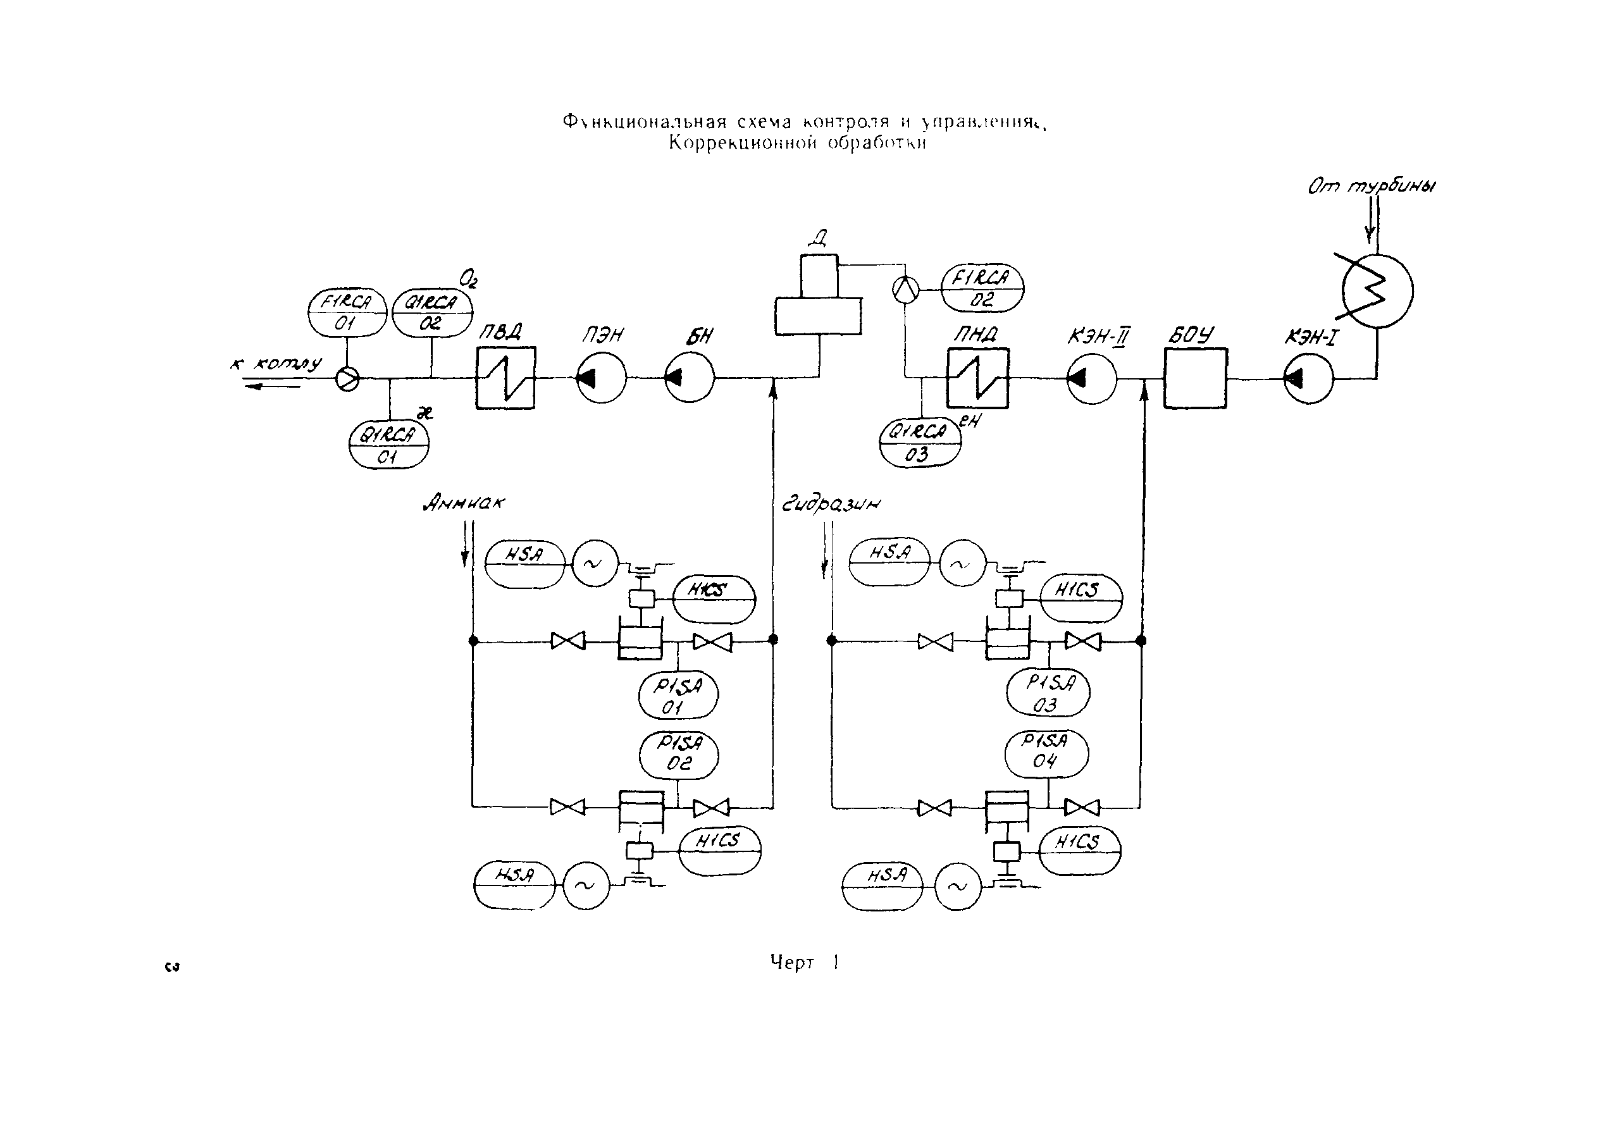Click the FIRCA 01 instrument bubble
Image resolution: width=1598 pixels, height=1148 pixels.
[x=347, y=312]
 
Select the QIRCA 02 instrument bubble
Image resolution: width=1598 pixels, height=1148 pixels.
[x=431, y=312]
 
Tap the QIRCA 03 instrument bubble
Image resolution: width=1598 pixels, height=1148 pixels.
[x=919, y=443]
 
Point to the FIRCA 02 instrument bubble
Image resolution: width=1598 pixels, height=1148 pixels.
[x=982, y=287]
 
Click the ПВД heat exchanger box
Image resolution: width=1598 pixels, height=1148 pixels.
[x=505, y=378]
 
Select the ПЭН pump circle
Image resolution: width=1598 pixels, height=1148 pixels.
[x=601, y=378]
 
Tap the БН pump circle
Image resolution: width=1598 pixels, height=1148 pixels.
[x=690, y=378]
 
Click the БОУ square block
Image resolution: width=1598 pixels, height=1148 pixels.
[x=1195, y=378]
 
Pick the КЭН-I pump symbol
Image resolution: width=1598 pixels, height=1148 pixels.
[x=1308, y=379]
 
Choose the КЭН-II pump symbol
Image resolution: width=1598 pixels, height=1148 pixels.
[x=1091, y=379]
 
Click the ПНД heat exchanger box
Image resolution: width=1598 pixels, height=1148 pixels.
[x=977, y=378]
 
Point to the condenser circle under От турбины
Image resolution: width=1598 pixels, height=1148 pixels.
[x=1377, y=291]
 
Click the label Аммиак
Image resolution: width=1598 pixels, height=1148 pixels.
[x=464, y=503]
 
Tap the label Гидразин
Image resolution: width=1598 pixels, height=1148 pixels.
[x=831, y=504]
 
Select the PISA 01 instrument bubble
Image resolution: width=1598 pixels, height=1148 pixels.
[x=678, y=695]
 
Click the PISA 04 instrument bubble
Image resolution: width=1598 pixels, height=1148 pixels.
[x=1046, y=753]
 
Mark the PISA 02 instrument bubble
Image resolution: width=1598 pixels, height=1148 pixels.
[x=679, y=755]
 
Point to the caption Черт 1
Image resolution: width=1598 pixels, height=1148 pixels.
[x=804, y=963]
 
